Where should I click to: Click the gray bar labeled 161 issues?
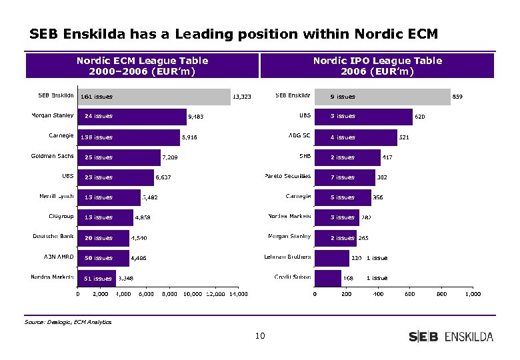click(154, 97)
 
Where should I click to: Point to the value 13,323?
click(241, 97)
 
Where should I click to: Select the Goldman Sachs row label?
click(53, 157)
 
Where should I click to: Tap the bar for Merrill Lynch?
click(109, 197)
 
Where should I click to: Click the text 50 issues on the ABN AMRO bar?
click(99, 258)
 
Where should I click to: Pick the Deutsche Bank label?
click(54, 237)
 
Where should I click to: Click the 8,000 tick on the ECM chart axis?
click(169, 294)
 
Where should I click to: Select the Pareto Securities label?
click(287, 177)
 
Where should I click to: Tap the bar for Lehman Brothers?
click(331, 258)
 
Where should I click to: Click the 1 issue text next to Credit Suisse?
click(377, 278)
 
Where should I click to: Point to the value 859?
click(457, 97)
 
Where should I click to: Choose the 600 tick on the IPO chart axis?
click(409, 294)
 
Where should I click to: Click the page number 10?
click(260, 336)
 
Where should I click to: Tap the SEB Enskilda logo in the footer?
click(451, 337)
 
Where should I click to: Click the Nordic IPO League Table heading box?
click(377, 66)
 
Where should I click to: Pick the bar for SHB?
click(347, 157)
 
